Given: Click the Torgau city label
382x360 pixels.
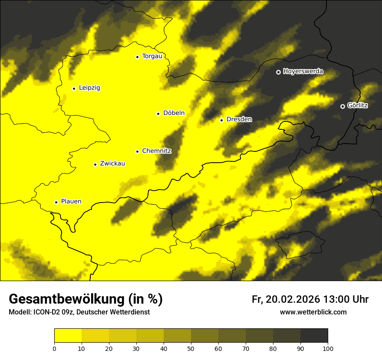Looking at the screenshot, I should [152, 56].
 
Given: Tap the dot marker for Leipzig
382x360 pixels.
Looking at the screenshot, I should [74, 88].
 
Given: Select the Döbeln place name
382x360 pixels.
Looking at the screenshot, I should [174, 113].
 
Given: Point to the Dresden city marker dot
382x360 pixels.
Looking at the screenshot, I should [222, 120].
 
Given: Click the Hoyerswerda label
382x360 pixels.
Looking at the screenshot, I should [303, 72].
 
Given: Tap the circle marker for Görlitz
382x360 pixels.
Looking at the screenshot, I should [342, 106].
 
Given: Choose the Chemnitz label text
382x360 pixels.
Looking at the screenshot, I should [157, 151].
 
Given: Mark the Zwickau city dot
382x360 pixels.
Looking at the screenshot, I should [95, 164].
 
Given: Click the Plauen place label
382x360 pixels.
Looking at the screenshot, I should [71, 202].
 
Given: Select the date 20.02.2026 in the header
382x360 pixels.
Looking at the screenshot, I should [292, 299].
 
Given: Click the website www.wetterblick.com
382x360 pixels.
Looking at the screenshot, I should [313, 312].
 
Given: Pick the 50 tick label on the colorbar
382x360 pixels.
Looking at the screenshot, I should [191, 348].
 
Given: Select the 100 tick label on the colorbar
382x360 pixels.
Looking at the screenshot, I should [328, 348].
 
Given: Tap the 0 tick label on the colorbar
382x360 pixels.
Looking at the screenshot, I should [54, 348].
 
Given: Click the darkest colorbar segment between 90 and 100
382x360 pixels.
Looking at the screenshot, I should [314, 335].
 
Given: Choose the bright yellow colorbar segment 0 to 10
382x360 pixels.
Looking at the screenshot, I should [68, 335].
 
